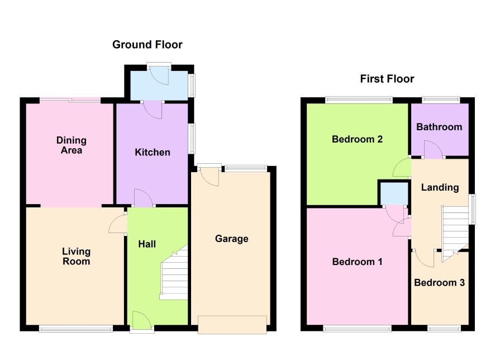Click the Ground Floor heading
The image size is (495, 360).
[x=147, y=45]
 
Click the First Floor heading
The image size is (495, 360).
[x=387, y=79]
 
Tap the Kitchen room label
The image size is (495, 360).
[x=153, y=152]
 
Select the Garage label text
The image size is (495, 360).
[x=232, y=239]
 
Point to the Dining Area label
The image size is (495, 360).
[x=72, y=145]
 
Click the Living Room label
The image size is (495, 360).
[x=77, y=256]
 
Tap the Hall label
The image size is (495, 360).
[x=147, y=244]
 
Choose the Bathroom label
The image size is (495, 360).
[x=439, y=127]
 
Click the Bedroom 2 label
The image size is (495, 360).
[x=357, y=139]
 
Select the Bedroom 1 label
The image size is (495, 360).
[x=357, y=262]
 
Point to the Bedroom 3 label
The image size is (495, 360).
[x=439, y=282]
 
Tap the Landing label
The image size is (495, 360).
[x=440, y=187]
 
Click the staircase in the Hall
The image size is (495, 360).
[x=174, y=273]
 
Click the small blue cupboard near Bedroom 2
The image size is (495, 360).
[x=394, y=193]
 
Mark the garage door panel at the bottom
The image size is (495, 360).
[x=232, y=324]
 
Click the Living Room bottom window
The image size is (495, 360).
[x=76, y=329]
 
